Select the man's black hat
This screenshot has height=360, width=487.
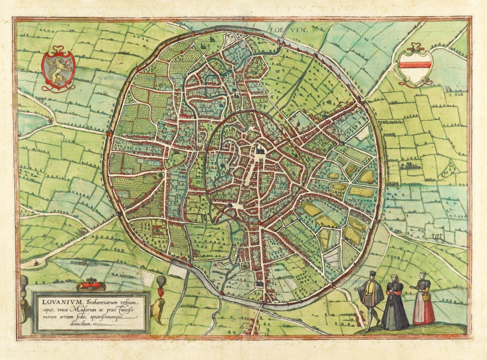pyautogui.click(x=373, y=274)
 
